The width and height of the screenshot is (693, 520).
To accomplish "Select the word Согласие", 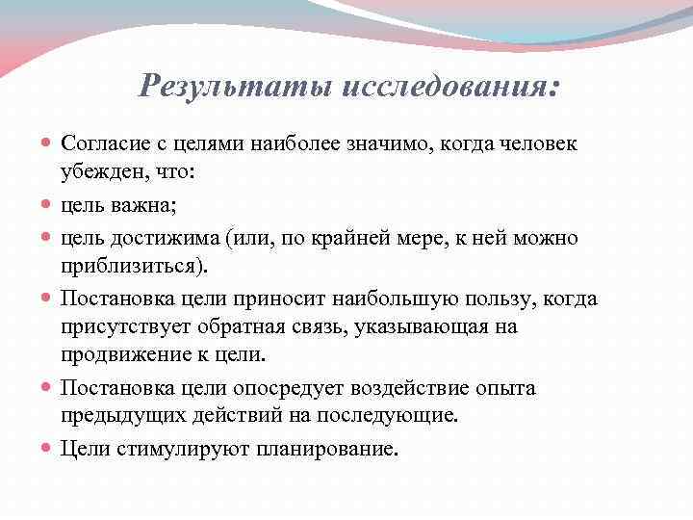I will pos(103,143).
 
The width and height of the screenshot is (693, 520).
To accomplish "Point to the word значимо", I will pos(401,143).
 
